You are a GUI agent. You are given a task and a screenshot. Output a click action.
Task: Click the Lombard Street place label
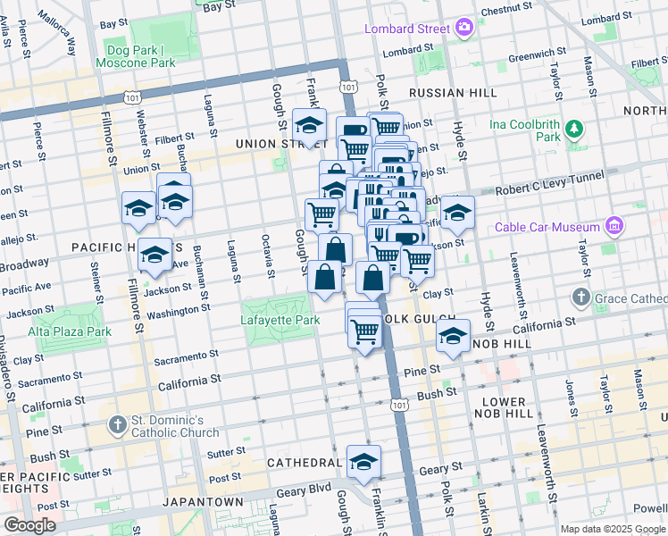406,29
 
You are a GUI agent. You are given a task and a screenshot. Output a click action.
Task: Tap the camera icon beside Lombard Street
463,28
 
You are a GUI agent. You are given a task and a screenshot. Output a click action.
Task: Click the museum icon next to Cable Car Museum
613,226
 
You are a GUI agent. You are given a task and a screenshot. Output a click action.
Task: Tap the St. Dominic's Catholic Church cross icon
117,423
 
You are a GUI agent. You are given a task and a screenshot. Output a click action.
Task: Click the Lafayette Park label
280,320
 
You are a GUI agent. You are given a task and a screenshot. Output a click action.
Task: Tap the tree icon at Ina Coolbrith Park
574,130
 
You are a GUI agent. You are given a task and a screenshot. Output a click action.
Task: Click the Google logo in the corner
29,525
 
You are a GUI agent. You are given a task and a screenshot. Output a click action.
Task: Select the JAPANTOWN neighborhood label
203,502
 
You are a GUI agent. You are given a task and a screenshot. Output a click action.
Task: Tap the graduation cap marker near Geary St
363,463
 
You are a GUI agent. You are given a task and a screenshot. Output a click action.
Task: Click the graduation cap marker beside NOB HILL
453,338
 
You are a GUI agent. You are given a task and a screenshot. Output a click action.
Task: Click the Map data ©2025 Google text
613,529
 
